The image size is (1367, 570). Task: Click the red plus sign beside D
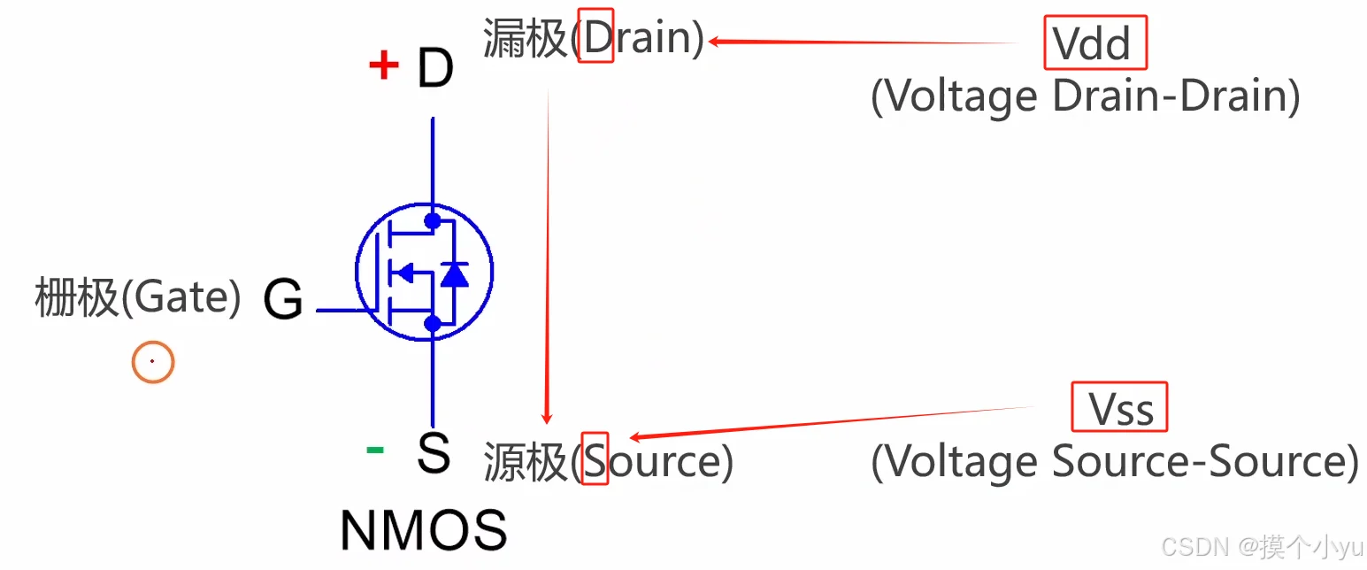point(384,65)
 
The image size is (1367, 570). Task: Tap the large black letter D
point(435,67)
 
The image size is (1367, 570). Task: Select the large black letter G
point(283,298)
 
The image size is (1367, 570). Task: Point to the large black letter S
point(434,453)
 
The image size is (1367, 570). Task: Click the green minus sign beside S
point(374,451)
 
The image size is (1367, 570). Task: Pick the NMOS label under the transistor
point(424,530)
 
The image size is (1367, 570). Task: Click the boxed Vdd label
point(1095,42)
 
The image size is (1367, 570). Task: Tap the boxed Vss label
point(1119,407)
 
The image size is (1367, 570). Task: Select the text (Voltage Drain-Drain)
point(1085,96)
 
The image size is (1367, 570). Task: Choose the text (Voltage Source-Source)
point(1114,461)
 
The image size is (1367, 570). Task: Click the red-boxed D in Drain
point(595,35)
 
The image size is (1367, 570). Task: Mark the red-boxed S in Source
point(595,458)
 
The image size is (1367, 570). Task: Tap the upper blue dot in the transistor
point(433,220)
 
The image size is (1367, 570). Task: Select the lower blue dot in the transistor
point(433,323)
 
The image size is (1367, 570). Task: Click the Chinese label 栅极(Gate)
point(138,297)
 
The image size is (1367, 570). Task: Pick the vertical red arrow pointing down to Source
point(548,257)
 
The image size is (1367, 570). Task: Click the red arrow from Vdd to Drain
point(864,42)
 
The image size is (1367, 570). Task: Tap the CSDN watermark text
point(1262,547)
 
